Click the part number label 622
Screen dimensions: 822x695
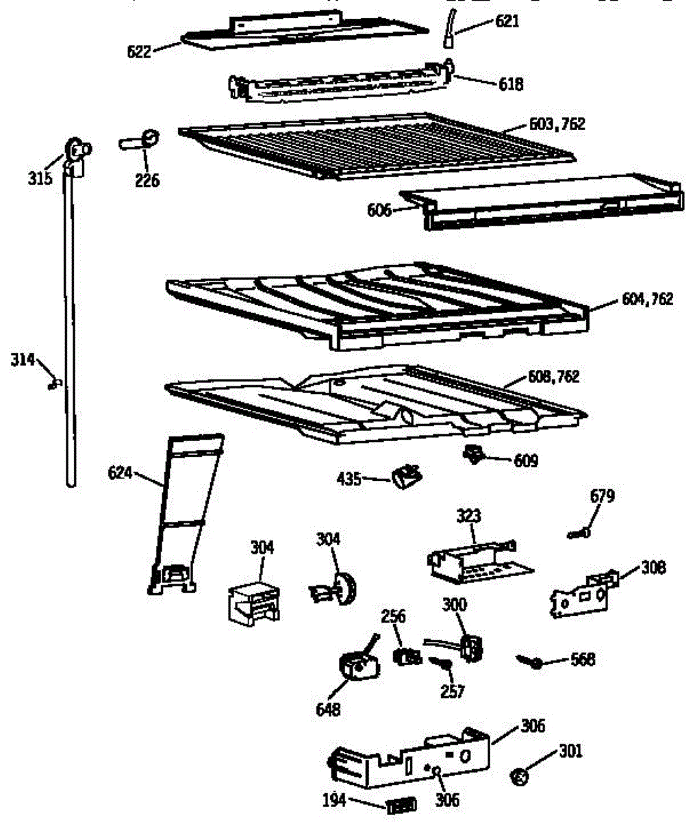click(x=138, y=51)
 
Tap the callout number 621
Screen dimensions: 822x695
click(x=507, y=21)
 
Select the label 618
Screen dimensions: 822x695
click(x=510, y=84)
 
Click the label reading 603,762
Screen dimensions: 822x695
click(x=557, y=125)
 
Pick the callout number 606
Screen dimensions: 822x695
click(x=379, y=210)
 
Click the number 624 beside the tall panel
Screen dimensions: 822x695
click(x=120, y=473)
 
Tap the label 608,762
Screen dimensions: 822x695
click(x=553, y=377)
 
